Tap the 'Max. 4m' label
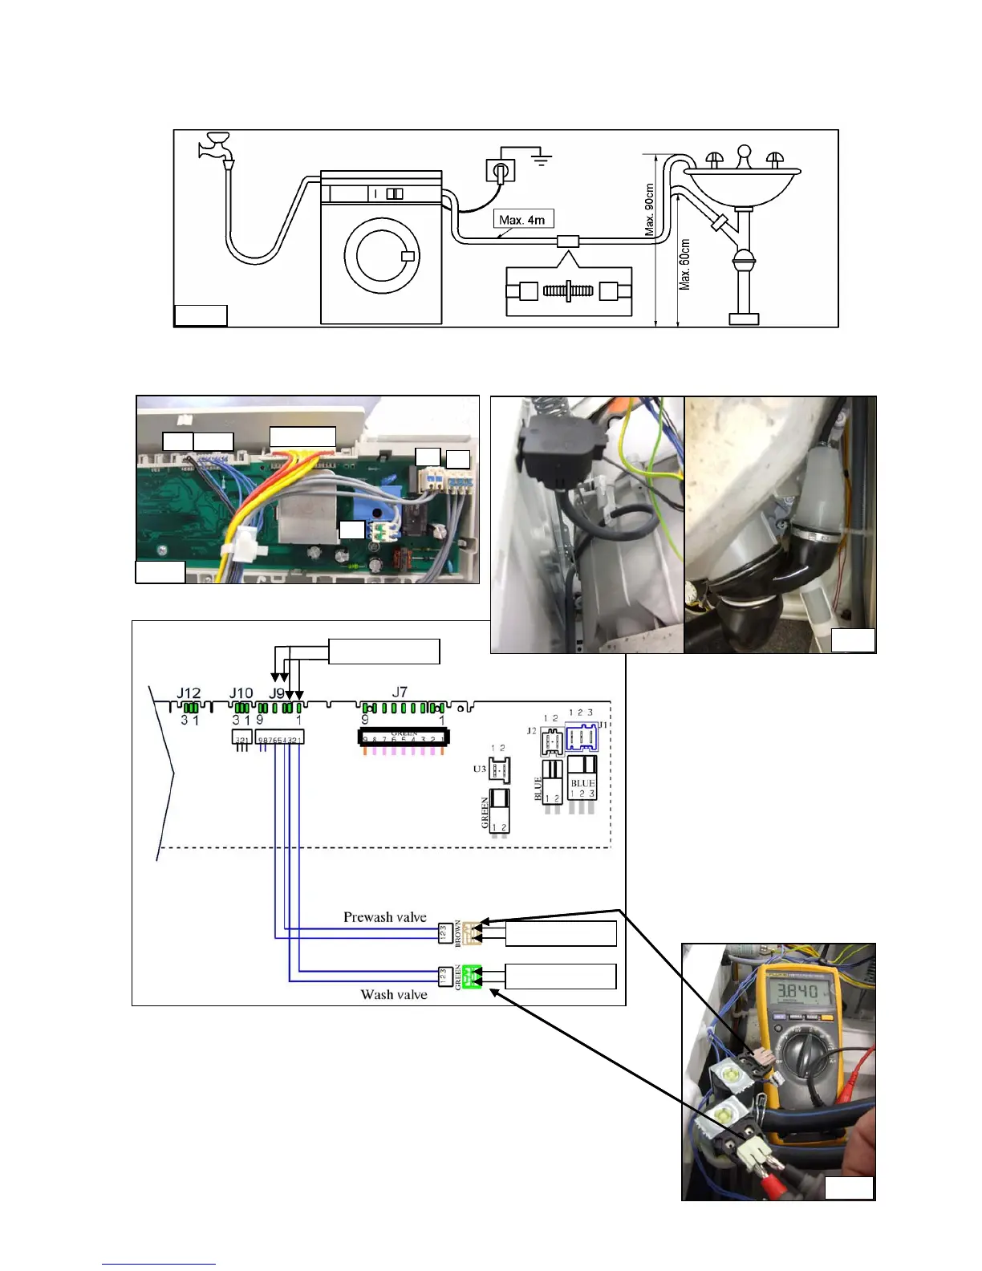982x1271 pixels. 522,219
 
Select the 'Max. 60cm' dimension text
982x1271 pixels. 685,264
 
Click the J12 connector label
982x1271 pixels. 189,692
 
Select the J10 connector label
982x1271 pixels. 241,692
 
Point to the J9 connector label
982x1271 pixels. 277,692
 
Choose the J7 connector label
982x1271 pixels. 400,691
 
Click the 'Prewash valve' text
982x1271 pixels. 385,917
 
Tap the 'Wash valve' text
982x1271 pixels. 394,995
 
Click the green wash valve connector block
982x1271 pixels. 472,977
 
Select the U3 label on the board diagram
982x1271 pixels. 480,769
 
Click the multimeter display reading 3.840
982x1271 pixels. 790,992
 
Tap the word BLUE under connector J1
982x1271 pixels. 582,783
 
